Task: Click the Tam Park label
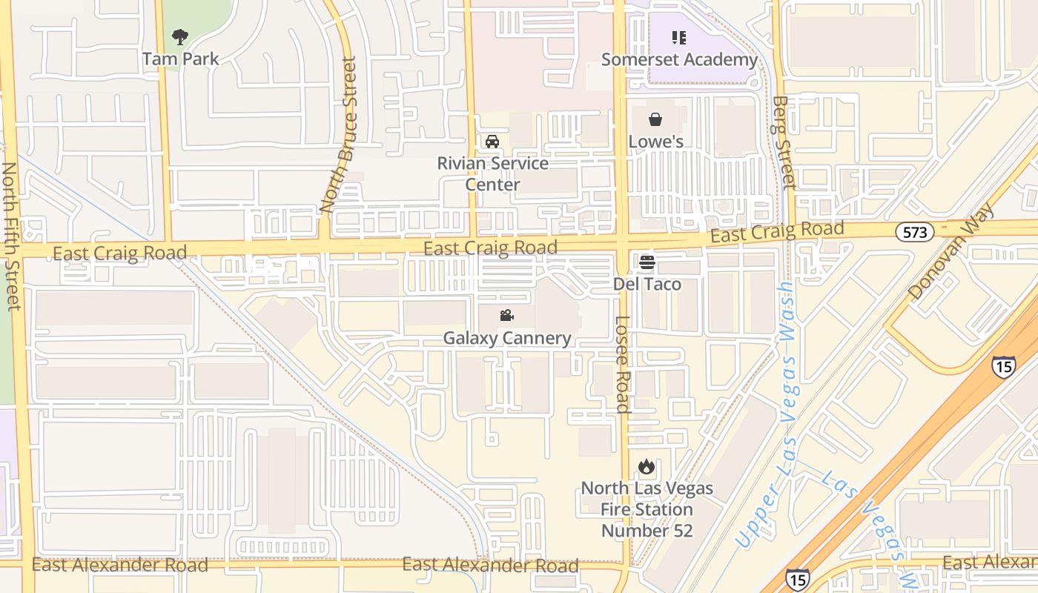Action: pyautogui.click(x=180, y=59)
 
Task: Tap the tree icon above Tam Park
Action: pyautogui.click(x=179, y=36)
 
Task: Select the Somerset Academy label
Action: pyautogui.click(x=679, y=59)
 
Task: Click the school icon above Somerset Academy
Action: pyautogui.click(x=679, y=37)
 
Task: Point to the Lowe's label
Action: pyautogui.click(x=655, y=141)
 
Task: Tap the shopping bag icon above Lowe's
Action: pyautogui.click(x=655, y=119)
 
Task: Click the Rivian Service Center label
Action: pyautogui.click(x=492, y=173)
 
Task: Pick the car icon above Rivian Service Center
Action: pyautogui.click(x=492, y=142)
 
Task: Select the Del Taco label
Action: pyautogui.click(x=647, y=284)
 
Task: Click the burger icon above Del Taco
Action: pyautogui.click(x=647, y=262)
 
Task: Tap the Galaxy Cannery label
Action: pyautogui.click(x=507, y=338)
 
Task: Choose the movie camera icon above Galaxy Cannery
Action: pyautogui.click(x=506, y=316)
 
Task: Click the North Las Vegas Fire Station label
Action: pyautogui.click(x=647, y=509)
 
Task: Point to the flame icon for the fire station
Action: pyautogui.click(x=647, y=467)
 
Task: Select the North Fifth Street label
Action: pyautogui.click(x=11, y=236)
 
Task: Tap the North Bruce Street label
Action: pyautogui.click(x=339, y=136)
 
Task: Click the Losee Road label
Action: pyautogui.click(x=623, y=364)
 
